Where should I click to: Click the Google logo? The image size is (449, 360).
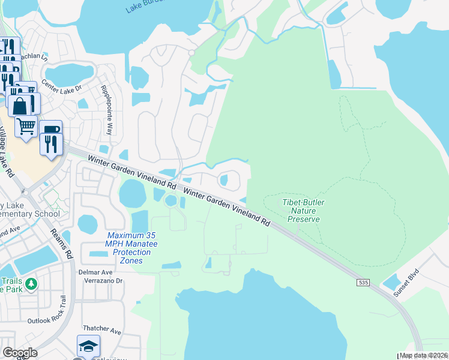(20, 353)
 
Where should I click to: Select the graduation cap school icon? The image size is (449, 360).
(88, 346)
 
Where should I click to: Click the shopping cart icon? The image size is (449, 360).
(26, 127)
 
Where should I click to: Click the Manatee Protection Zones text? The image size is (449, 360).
(127, 248)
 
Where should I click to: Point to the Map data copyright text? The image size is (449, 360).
(423, 355)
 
